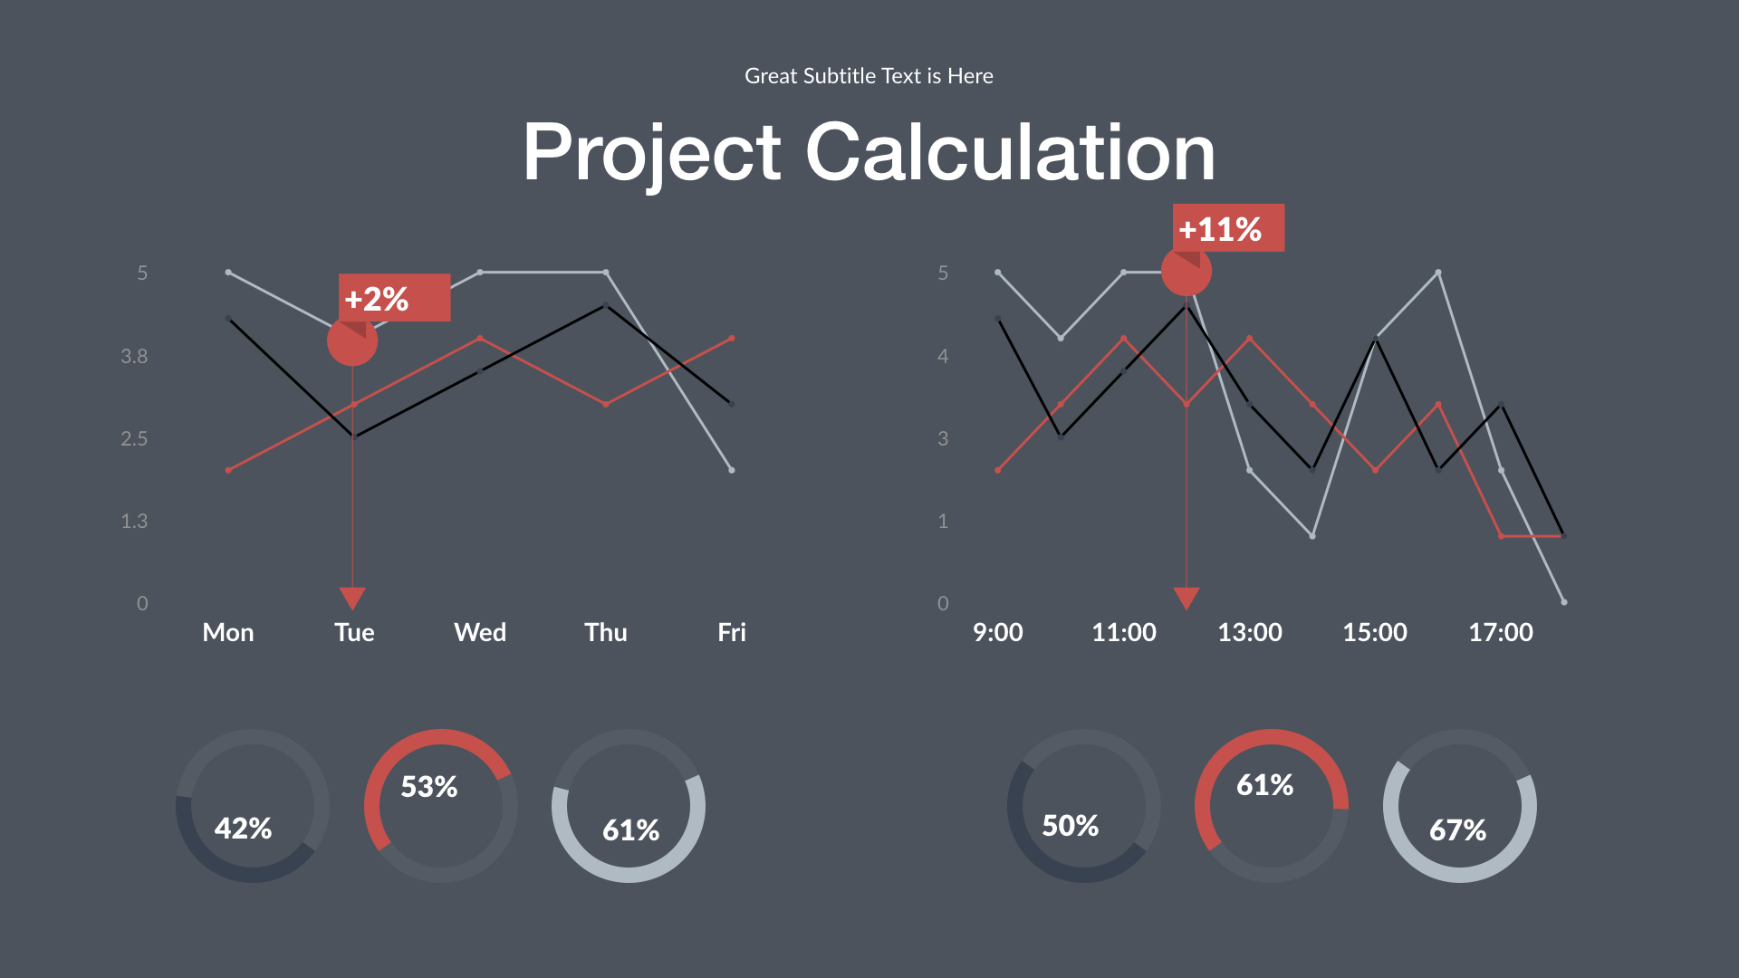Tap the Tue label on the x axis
353,632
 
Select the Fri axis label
731,632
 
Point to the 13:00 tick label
1249,632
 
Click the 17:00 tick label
1500,632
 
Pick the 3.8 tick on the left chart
134,356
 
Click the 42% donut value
243,828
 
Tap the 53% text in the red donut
428,786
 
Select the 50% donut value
1070,825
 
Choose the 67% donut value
1457,829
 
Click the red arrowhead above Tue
352,599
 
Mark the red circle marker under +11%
1186,272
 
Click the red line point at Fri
731,339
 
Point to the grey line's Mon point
228,273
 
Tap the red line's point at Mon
228,470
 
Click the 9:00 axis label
997,632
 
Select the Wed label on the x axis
479,632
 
